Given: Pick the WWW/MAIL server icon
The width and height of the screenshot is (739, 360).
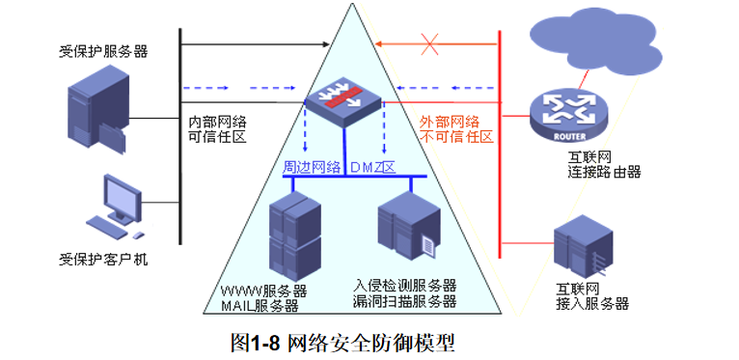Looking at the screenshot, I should click(294, 235).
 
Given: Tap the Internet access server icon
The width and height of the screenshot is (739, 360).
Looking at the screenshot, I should click(582, 246).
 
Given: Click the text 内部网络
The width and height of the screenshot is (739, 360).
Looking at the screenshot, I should click(218, 122).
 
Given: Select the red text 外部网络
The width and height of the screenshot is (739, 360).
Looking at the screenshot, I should click(450, 123).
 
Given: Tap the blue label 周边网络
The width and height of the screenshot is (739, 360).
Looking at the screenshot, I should click(312, 167).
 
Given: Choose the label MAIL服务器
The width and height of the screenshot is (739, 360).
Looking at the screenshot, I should click(260, 306).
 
